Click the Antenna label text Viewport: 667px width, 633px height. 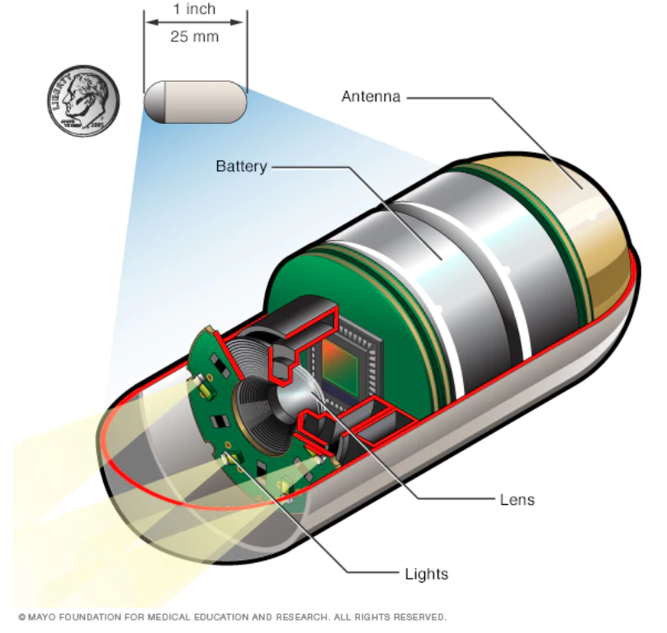coord(371,98)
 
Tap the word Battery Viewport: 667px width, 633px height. coord(241,167)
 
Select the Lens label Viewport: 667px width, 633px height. coord(518,499)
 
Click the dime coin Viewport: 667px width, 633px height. coord(83,102)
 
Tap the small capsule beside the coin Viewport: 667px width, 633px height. coord(196,102)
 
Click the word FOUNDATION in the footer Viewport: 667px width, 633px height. coord(88,617)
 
